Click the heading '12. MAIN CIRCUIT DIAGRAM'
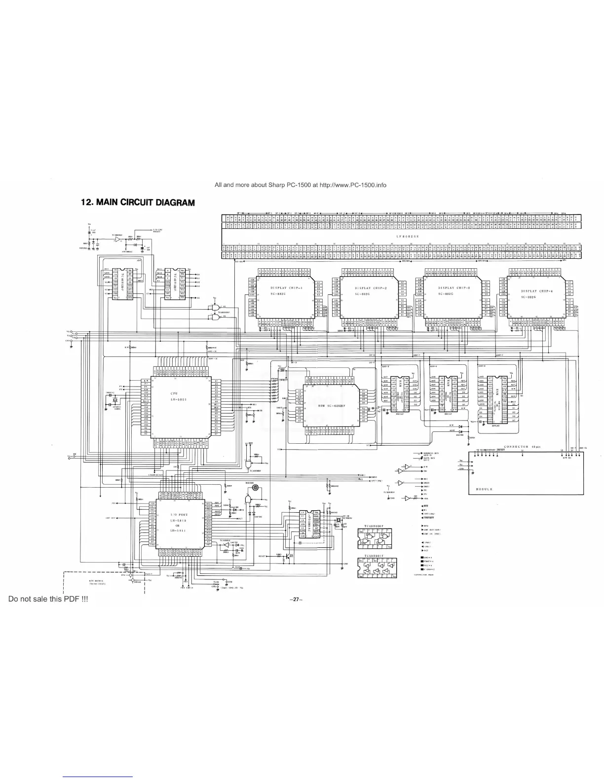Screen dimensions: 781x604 (138, 203)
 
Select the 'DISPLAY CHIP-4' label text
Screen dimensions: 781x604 (540, 291)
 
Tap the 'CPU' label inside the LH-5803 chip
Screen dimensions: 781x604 (174, 393)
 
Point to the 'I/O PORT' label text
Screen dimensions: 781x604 (177, 515)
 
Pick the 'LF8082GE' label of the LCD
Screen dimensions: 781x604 (406, 237)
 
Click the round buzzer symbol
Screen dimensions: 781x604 (255, 488)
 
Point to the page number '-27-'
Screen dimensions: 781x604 (296, 600)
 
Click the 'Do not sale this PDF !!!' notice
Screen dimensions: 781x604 (48, 599)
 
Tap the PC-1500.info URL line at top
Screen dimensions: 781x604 (301, 185)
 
